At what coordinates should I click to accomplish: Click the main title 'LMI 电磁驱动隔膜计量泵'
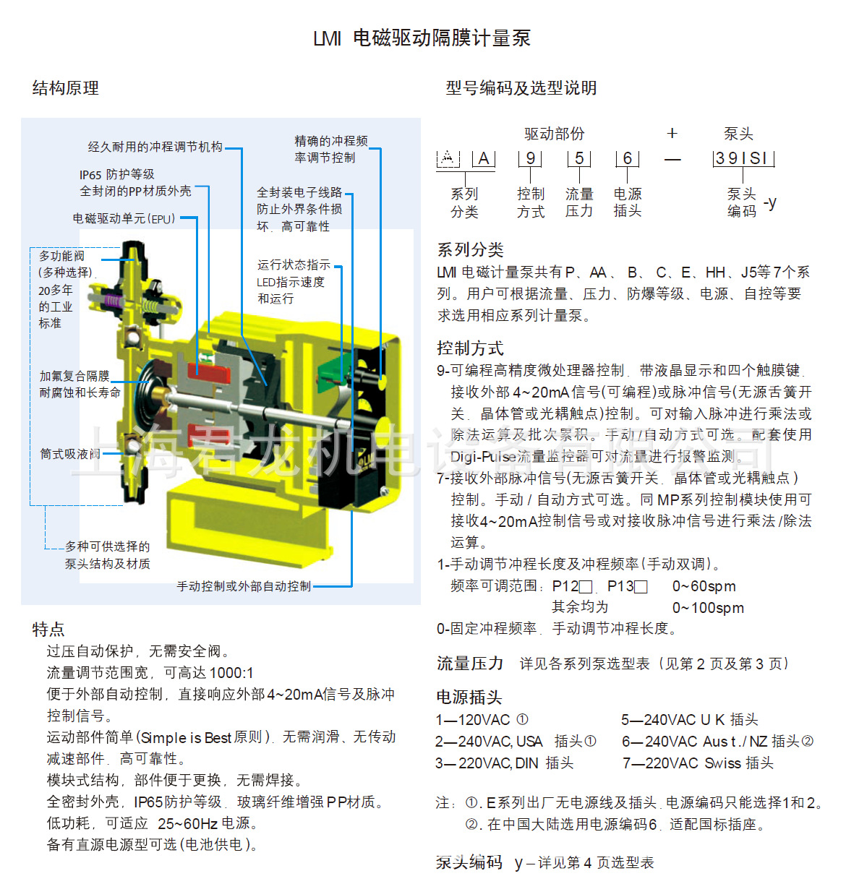point(422,38)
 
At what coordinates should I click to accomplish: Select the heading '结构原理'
point(66,88)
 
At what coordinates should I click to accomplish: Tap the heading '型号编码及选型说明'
point(521,88)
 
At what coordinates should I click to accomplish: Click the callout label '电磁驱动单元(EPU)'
point(124,218)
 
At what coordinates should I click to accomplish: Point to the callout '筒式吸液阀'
point(70,454)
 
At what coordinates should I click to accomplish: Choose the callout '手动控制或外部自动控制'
point(244,586)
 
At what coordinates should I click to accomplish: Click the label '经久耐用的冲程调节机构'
point(155,147)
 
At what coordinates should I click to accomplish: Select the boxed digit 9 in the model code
point(530,158)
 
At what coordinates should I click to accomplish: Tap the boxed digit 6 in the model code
point(627,158)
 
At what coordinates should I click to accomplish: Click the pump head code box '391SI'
point(743,158)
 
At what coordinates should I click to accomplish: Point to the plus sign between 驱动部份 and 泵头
point(672,133)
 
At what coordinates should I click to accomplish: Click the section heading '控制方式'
point(470,348)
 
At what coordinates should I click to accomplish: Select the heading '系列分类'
point(470,250)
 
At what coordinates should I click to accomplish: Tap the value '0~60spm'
point(704,586)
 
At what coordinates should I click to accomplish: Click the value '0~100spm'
point(708,608)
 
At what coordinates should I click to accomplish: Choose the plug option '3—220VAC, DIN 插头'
point(504,763)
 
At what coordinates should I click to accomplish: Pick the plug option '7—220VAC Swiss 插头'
point(698,763)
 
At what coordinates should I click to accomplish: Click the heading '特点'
point(48,629)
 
